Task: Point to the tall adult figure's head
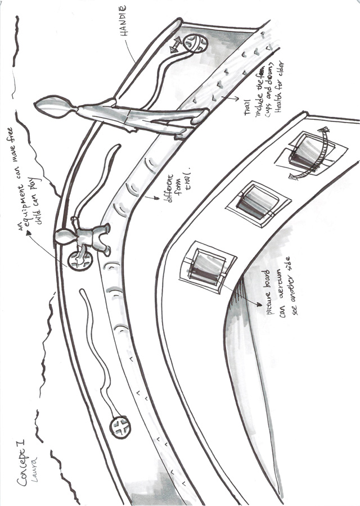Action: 51,107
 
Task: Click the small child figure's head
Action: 63,238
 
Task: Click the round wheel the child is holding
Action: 80,260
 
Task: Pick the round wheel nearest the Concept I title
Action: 119,426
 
